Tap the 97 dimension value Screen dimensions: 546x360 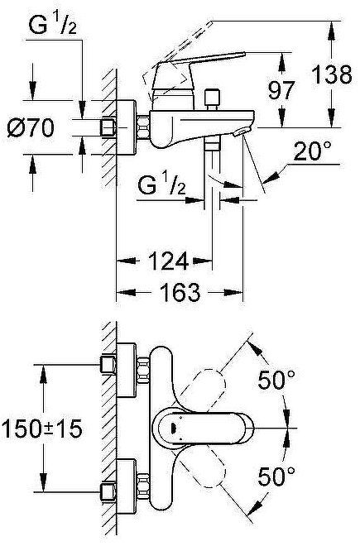coord(282,90)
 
